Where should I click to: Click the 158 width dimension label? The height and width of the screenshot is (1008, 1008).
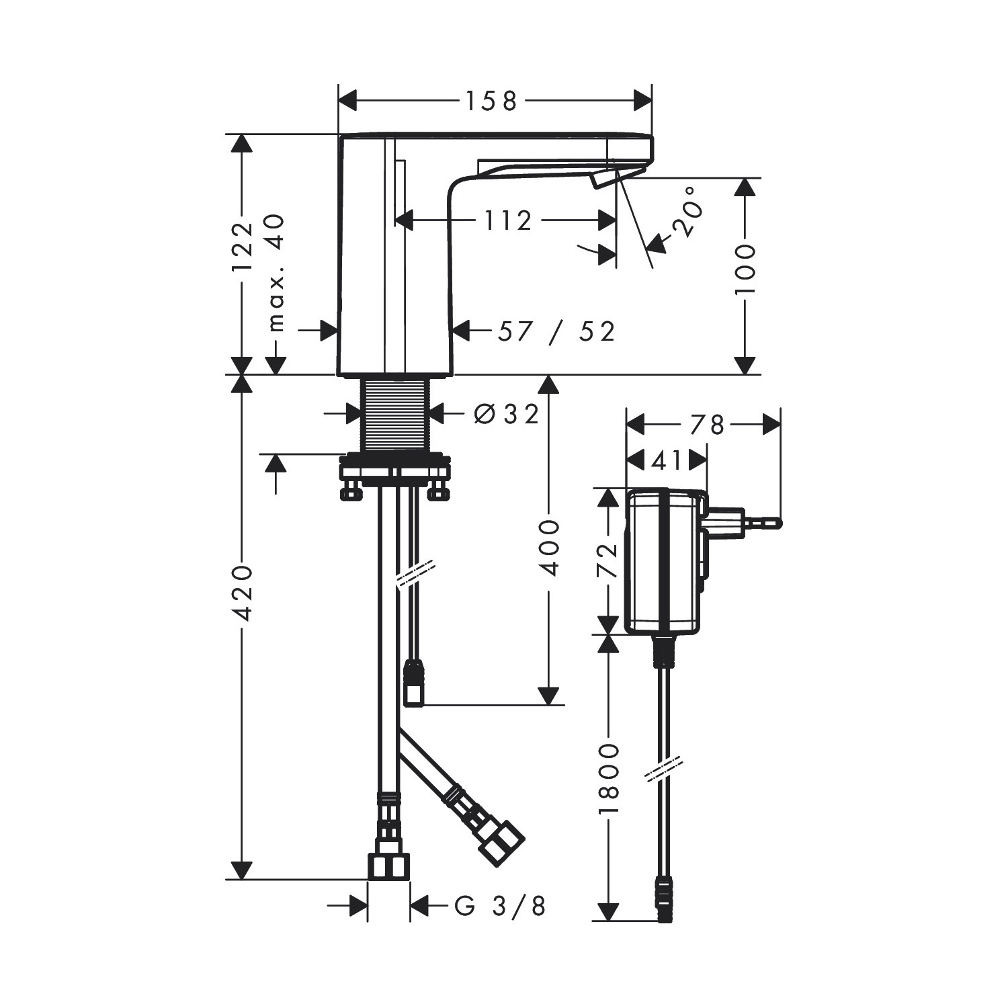(x=492, y=101)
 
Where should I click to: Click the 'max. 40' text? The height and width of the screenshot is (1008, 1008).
(x=276, y=273)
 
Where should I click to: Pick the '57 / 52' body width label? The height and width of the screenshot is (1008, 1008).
(x=556, y=331)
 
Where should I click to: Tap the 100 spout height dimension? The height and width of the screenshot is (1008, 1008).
(x=745, y=269)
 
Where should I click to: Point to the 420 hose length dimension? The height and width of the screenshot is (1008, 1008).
(x=241, y=593)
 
